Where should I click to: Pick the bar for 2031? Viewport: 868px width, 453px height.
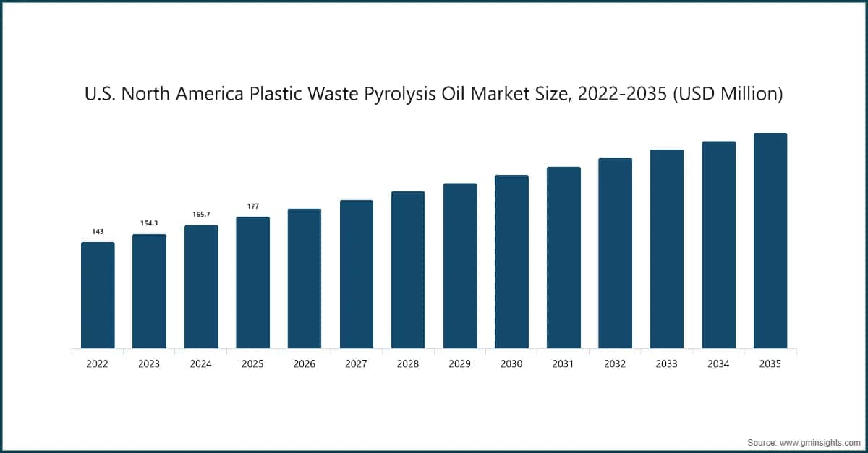[x=563, y=257]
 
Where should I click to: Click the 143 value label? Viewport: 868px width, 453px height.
[x=98, y=232]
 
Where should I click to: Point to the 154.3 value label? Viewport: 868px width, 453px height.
[x=149, y=224]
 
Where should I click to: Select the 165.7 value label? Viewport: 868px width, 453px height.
[x=201, y=215]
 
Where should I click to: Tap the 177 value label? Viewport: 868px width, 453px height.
[x=252, y=207]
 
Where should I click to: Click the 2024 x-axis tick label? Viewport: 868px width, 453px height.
[x=201, y=364]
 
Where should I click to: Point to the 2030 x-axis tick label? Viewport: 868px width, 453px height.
[x=511, y=364]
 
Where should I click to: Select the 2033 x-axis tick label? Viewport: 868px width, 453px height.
[x=667, y=364]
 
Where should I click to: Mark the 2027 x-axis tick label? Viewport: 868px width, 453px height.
[x=356, y=364]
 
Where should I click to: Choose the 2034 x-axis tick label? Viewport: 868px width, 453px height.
[x=718, y=364]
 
